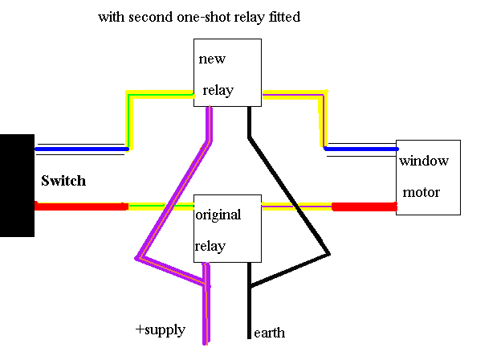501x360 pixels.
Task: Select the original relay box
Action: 226,228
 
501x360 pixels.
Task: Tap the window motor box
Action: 428,177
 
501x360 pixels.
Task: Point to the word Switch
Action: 63,181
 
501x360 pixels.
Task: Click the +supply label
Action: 161,330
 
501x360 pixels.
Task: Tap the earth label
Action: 269,333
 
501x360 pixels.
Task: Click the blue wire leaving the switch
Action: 80,149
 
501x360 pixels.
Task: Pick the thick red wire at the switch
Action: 80,207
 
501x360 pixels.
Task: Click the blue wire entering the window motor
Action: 361,149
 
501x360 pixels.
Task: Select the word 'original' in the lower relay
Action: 218,215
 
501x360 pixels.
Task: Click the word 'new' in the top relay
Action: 212,59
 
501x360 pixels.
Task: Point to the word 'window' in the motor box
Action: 424,161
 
